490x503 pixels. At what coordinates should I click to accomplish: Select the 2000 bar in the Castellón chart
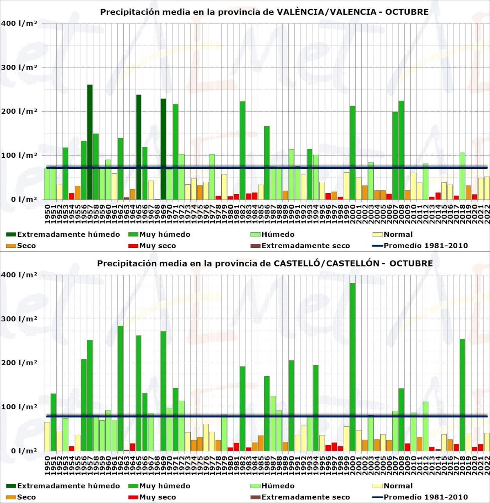pyautogui.click(x=352, y=367)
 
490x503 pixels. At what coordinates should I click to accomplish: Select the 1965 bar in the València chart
pyautogui.click(x=139, y=147)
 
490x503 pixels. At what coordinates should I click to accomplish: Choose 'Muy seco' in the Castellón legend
pyautogui.click(x=157, y=497)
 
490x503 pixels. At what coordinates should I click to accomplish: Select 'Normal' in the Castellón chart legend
pyautogui.click(x=398, y=486)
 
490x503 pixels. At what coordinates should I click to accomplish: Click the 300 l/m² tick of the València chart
pyautogui.click(x=19, y=68)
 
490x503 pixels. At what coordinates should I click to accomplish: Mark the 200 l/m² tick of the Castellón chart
pyautogui.click(x=19, y=363)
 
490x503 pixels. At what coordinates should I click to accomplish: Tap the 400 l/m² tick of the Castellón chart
pyautogui.click(x=19, y=275)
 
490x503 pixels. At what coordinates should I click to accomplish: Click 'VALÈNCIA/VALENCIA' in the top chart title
pyautogui.click(x=327, y=12)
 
